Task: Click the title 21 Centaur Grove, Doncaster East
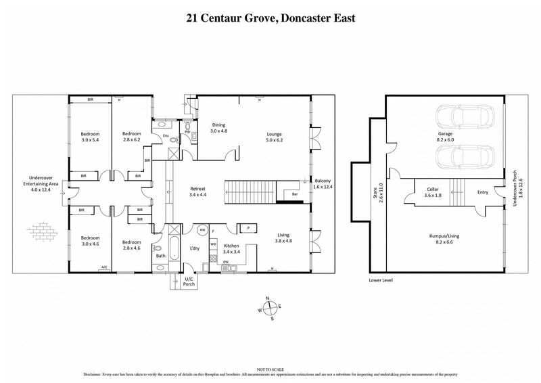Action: tap(270, 18)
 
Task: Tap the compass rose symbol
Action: tap(270, 308)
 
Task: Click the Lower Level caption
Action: tap(381, 279)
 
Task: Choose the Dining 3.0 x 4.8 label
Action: tap(218, 127)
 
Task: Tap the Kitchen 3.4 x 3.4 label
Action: tap(233, 248)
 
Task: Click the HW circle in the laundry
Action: tap(202, 229)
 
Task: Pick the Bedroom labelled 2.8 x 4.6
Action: tap(131, 246)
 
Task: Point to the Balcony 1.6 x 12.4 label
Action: tap(322, 185)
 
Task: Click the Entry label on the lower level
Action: tap(482, 192)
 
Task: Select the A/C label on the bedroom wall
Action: tap(103, 268)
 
